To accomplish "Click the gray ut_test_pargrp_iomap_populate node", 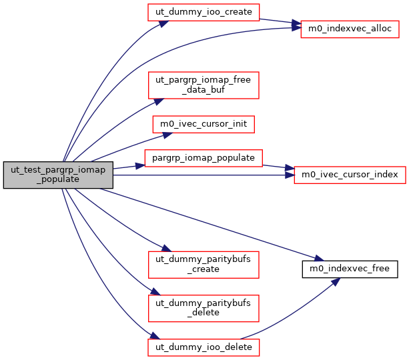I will (58, 175).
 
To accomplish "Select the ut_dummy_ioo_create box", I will (203, 13).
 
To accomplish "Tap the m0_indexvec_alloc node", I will (350, 29).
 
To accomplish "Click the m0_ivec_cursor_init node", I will (203, 124).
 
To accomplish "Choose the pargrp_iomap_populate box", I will (203, 158).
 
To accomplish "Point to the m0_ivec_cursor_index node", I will (350, 175).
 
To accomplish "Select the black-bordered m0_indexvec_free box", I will (350, 269).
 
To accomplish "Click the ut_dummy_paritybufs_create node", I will (203, 264).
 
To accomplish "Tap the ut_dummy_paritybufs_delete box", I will (203, 308).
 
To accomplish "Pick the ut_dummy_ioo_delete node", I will (203, 347).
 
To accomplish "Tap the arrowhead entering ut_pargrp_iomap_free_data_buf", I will (159, 100).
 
